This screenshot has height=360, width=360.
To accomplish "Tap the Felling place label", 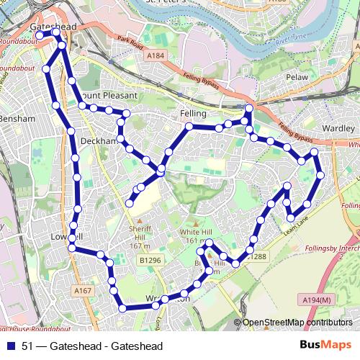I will (x=194, y=114).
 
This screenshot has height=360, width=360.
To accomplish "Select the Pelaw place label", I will (x=297, y=76).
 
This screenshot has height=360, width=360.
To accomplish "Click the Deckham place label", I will (x=99, y=140).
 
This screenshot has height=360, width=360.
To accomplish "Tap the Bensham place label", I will (x=16, y=118).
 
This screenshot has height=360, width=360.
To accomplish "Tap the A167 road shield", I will (x=84, y=290).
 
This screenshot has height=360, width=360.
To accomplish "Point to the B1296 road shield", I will (x=150, y=259).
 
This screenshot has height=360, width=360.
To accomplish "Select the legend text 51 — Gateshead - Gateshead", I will (x=92, y=346).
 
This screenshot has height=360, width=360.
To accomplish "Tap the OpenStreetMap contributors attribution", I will (x=297, y=323).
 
